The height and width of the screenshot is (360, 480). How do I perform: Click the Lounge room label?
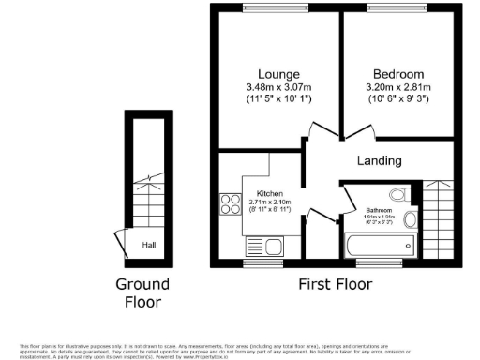coord(279,74)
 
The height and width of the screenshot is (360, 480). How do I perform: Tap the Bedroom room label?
coord(398,74)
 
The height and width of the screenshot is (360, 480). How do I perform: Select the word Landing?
coord(380,160)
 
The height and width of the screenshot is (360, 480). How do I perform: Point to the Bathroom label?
coord(379,209)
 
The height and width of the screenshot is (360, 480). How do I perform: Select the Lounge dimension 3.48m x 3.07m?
coord(279,88)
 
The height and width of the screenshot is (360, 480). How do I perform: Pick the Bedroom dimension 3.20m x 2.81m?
coord(398,88)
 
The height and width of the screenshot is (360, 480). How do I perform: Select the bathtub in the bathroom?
coord(379,247)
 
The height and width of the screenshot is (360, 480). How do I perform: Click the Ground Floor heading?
coord(142,292)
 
